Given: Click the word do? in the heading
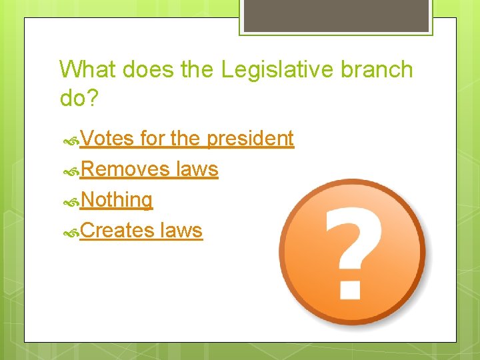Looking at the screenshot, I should [79, 98].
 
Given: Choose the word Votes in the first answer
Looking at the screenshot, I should [107, 139].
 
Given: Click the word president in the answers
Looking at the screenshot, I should [250, 139].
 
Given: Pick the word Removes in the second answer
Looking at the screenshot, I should [125, 169].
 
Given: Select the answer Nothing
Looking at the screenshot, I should [116, 200].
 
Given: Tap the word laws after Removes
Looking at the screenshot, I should [197, 169].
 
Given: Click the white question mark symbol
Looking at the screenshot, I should [353, 240].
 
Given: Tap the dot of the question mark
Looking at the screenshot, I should [351, 288].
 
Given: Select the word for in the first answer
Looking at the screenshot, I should [153, 139].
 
